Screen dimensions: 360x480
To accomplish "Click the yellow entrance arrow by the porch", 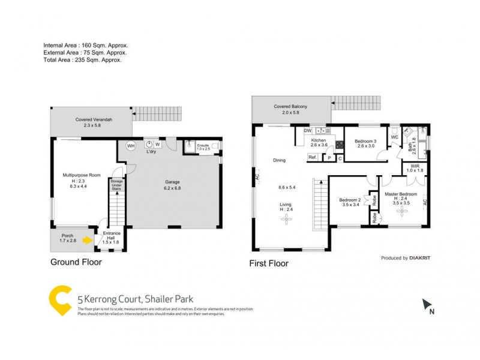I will (88, 241).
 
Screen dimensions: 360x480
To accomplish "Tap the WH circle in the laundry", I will (131, 145).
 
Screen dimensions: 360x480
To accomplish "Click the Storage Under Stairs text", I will (116, 185).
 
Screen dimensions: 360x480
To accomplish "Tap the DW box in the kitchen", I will (307, 130).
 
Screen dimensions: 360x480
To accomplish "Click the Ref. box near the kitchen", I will (313, 158).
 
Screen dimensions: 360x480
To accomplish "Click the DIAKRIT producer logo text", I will (423, 258).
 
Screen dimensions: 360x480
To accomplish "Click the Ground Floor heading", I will (76, 262).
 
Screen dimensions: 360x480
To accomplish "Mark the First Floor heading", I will (269, 263).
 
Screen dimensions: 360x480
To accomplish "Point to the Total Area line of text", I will (82, 61).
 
